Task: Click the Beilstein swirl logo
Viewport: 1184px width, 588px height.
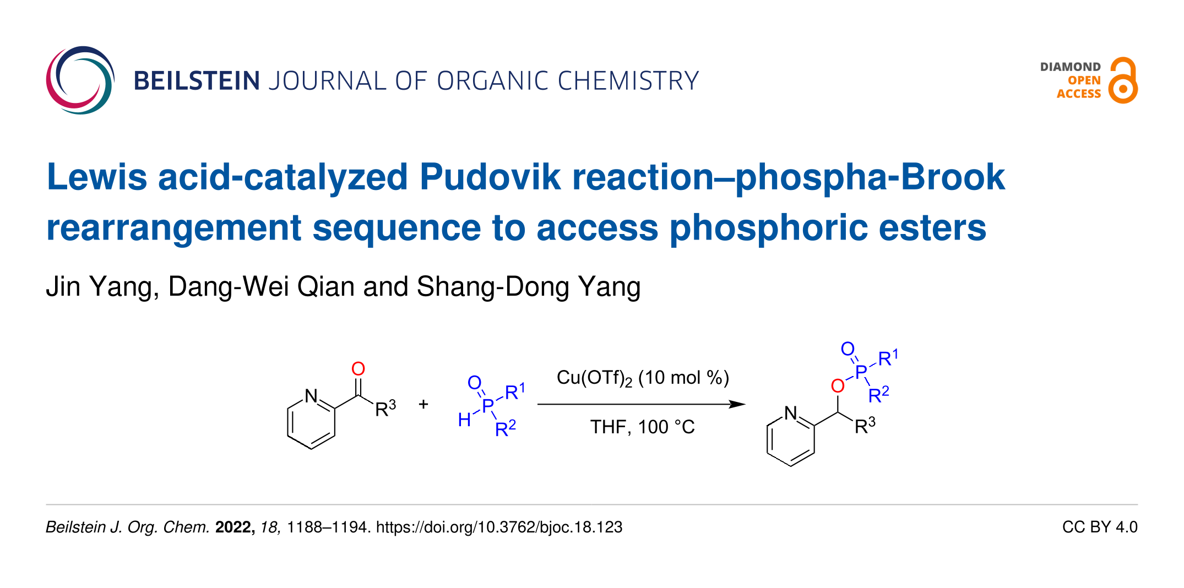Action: point(80,80)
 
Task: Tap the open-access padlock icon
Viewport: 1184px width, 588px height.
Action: point(1123,81)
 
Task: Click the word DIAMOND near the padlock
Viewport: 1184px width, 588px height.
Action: point(1070,67)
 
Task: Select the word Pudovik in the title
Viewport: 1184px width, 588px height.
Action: point(490,177)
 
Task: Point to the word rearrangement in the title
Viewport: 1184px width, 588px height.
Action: point(173,228)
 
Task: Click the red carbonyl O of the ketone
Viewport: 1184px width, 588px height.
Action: point(358,369)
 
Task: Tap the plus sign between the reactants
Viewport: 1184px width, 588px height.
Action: point(423,405)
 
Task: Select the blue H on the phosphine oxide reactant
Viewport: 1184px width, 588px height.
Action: point(464,420)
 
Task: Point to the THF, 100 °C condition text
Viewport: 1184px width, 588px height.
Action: point(642,427)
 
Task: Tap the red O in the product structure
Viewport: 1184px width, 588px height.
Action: point(838,386)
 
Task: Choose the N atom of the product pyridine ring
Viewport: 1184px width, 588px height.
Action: point(791,413)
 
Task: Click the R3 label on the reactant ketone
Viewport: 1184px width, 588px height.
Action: point(385,409)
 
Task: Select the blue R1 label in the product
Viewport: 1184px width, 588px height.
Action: point(888,358)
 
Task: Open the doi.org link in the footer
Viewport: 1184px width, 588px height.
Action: point(499,527)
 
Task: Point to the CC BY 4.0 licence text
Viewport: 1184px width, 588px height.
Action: point(1099,527)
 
